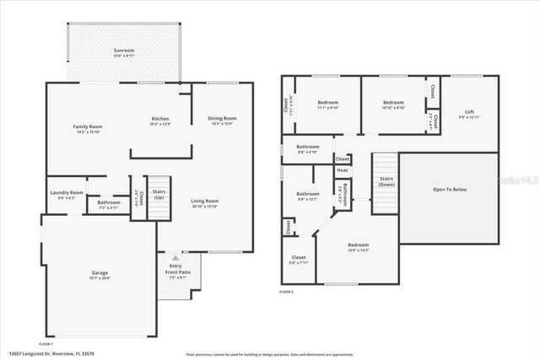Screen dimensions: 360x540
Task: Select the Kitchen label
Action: pyautogui.click(x=160, y=121)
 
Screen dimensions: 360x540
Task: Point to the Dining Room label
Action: pyautogui.click(x=222, y=121)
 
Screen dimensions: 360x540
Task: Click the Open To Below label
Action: pyautogui.click(x=450, y=190)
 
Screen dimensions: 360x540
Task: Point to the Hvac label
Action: pyautogui.click(x=343, y=170)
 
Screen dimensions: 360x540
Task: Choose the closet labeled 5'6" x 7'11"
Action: pyautogui.click(x=299, y=260)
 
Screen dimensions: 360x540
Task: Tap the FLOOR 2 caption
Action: pyautogui.click(x=287, y=292)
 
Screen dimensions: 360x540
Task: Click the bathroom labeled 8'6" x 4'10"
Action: pyautogui.click(x=307, y=149)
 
